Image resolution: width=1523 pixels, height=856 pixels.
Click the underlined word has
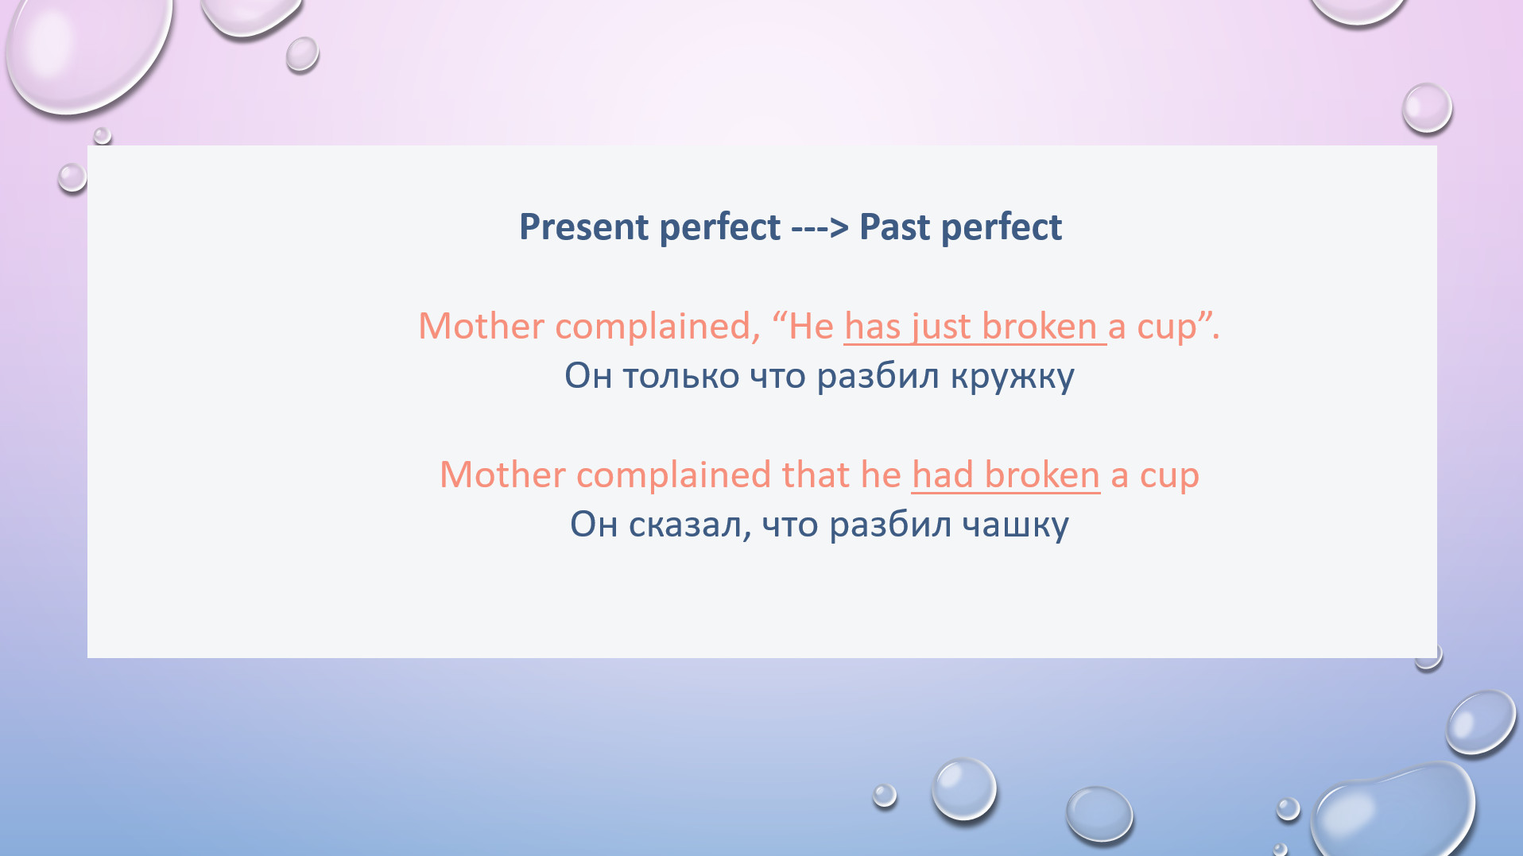click(x=872, y=327)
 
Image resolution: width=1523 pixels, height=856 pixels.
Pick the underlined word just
click(x=941, y=327)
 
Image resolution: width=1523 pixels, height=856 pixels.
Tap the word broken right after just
click(x=1040, y=327)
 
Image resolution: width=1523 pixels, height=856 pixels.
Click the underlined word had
click(x=943, y=475)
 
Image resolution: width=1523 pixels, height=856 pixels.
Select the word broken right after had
click(x=1042, y=475)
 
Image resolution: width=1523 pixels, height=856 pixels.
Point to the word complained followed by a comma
click(x=657, y=327)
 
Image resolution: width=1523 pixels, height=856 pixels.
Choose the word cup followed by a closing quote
click(x=1166, y=327)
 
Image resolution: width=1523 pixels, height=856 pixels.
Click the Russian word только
click(x=680, y=377)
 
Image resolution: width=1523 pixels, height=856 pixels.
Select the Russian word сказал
click(x=689, y=525)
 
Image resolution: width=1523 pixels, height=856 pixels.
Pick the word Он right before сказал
click(x=594, y=525)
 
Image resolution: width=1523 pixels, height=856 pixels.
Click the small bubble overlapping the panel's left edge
click(x=72, y=177)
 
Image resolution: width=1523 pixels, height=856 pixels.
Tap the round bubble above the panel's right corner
click(x=1427, y=108)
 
